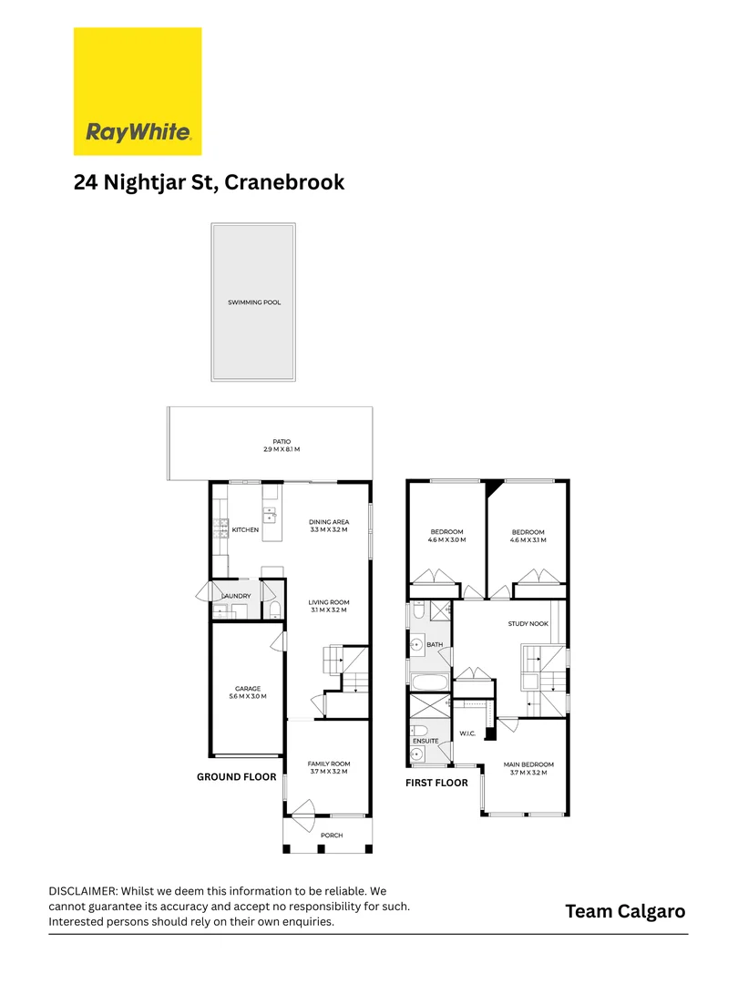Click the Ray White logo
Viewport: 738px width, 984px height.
(138, 91)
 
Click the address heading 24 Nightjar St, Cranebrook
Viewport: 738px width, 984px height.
(209, 182)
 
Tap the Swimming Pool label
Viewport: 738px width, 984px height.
(253, 302)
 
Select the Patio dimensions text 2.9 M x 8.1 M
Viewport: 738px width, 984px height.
(281, 450)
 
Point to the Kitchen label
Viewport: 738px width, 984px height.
(245, 529)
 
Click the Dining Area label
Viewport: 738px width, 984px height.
(329, 522)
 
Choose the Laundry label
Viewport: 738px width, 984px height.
(237, 596)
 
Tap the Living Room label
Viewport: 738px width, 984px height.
(329, 602)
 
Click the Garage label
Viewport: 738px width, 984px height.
(248, 689)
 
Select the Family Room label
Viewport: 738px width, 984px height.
(328, 764)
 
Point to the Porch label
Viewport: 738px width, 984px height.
(331, 835)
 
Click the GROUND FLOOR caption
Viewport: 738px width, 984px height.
(237, 777)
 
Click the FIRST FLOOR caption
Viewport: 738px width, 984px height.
(436, 783)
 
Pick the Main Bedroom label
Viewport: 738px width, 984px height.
(528, 764)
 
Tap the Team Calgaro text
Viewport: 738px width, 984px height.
(624, 911)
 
